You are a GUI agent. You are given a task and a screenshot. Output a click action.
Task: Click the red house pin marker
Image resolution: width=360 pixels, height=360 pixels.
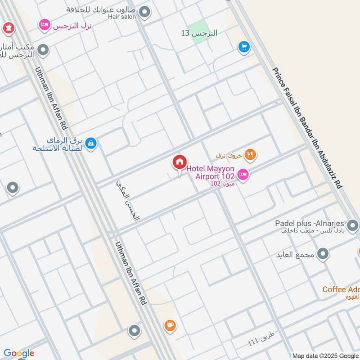point(179,162)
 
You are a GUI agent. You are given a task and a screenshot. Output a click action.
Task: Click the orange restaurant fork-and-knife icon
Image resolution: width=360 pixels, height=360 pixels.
point(251,155)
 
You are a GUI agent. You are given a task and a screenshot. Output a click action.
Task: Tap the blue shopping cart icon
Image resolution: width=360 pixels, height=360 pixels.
point(244,47)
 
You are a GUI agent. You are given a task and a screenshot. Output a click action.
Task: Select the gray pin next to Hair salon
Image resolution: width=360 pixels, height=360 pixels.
point(144,12)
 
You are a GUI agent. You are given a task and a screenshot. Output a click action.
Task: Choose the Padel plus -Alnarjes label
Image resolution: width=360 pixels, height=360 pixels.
point(310,224)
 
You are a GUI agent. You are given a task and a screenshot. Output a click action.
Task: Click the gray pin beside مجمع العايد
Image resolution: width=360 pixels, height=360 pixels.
point(323,255)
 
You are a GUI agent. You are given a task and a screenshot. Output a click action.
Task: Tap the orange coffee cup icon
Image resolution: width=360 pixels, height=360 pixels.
point(170,325)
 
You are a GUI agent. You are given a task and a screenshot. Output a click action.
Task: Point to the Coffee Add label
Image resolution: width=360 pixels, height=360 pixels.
point(341,289)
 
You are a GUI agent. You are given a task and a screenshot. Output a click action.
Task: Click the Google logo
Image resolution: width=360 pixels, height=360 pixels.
point(19,353)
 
